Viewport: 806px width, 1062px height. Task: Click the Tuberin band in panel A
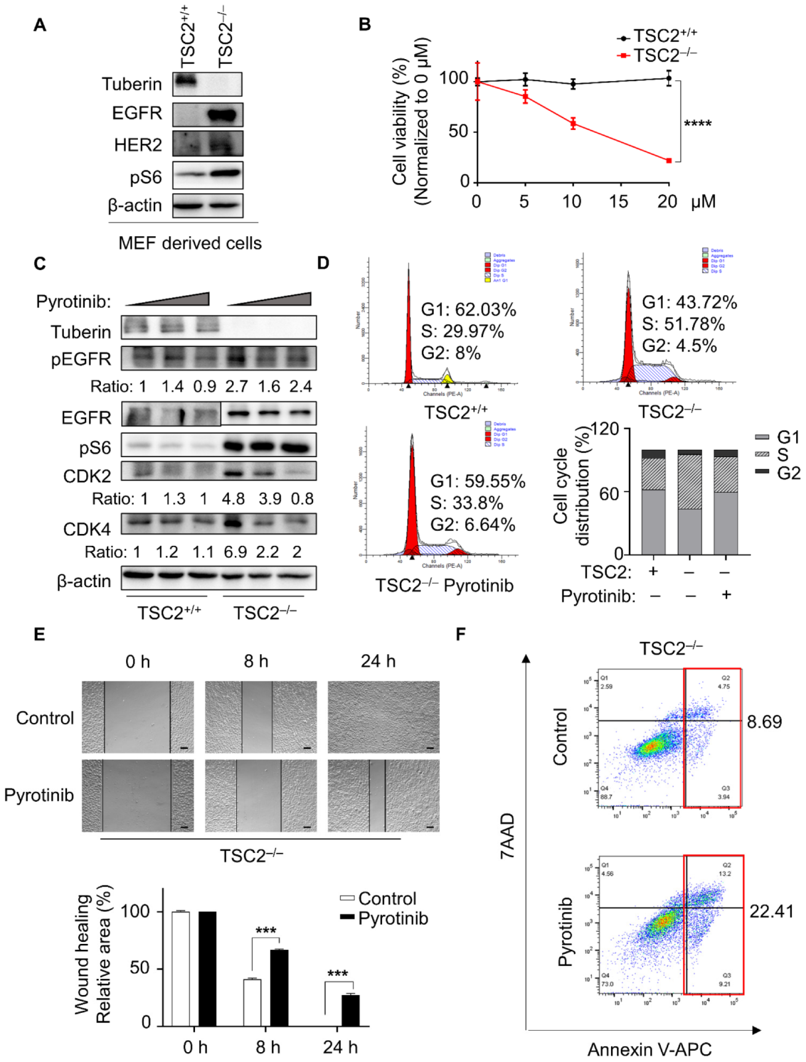point(185,81)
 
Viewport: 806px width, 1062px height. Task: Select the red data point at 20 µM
point(669,161)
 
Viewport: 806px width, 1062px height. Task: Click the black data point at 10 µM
point(573,84)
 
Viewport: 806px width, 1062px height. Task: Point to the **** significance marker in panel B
point(698,124)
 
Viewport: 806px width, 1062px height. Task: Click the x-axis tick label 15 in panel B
point(618,202)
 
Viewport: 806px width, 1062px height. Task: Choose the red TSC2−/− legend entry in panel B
point(656,55)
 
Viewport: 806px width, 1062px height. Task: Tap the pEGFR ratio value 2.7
point(236,386)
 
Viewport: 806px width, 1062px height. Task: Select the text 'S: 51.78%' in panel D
point(683,324)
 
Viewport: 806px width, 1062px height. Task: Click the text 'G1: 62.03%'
point(468,309)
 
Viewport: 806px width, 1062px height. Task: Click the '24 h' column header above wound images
point(378,661)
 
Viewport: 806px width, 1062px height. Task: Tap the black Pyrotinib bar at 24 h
point(350,1010)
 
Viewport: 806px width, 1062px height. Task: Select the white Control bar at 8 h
point(252,1002)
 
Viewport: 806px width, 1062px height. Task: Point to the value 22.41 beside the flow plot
point(771,911)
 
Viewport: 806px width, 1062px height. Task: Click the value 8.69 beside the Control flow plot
point(764,722)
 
